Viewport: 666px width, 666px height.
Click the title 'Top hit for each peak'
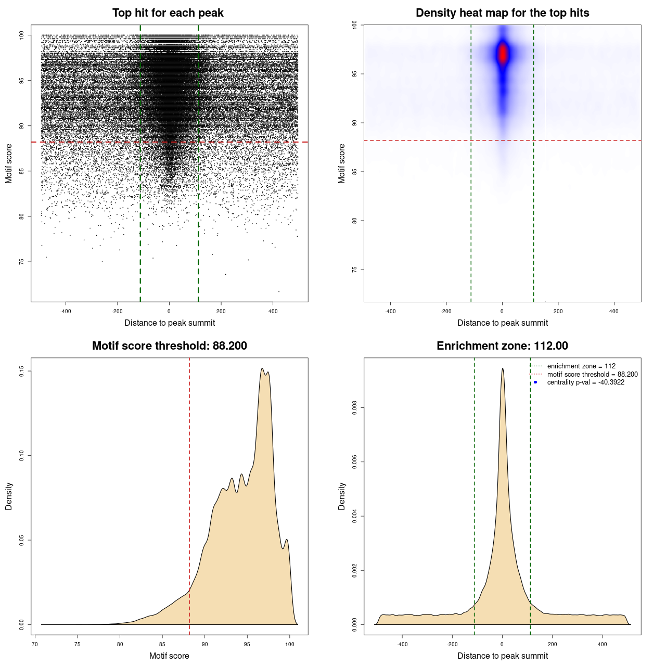coord(168,13)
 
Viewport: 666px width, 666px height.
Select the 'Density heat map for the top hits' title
coord(502,13)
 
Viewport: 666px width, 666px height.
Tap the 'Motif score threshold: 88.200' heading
coord(169,346)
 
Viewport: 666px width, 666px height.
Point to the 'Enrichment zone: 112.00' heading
coord(502,346)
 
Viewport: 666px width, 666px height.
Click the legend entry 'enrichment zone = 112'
coord(581,366)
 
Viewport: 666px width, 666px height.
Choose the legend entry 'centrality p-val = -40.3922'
coord(585,382)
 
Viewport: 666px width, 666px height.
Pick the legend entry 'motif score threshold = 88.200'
coord(592,375)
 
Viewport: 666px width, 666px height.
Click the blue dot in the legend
coord(535,382)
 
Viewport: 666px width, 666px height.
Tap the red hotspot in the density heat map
coord(502,54)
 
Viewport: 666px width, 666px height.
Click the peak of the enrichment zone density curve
coord(502,369)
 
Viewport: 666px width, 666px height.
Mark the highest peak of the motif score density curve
coord(262,369)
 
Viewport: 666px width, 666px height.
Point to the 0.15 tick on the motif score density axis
coord(21,371)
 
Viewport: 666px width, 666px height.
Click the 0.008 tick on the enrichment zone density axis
coord(354,408)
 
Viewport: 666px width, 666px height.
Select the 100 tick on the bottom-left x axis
coord(290,644)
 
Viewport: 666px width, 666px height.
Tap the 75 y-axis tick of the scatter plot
coord(21,262)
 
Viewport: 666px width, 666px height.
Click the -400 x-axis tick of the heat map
coord(390,311)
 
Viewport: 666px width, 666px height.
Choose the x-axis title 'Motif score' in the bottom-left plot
coord(169,656)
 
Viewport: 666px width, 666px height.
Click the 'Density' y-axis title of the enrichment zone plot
coord(342,496)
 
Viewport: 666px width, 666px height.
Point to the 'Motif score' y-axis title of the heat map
coord(342,163)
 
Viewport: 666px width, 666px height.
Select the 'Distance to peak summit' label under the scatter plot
coord(170,323)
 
